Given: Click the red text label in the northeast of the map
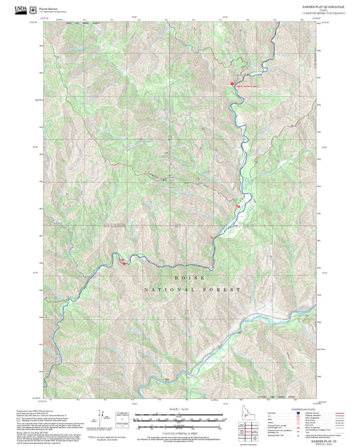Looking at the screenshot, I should coord(247,86).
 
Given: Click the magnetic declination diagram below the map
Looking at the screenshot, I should coord(105,417).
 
